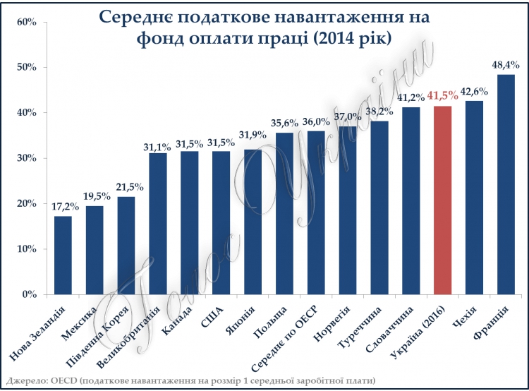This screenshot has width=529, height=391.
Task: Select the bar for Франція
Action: [506, 184]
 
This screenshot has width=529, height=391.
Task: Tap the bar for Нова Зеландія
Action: [63, 255]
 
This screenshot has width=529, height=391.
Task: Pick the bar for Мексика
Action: [95, 251]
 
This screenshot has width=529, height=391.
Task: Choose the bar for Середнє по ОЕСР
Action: [316, 212]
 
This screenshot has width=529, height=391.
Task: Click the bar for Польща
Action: [284, 214]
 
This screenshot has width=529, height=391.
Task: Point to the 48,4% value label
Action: [506, 65]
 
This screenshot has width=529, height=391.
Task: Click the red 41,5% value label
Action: [443, 96]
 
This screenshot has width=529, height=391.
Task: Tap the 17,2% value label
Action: [65, 206]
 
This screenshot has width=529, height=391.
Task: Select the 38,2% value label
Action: [379, 111]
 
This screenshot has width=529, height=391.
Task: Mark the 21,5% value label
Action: [130, 187]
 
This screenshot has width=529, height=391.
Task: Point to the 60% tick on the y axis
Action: [26, 22]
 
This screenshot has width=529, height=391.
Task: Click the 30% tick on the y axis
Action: [26, 158]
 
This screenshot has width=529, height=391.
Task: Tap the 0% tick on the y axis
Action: [29, 294]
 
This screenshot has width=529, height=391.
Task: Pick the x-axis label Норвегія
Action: [332, 323]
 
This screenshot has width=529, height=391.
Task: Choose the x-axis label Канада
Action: [177, 320]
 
